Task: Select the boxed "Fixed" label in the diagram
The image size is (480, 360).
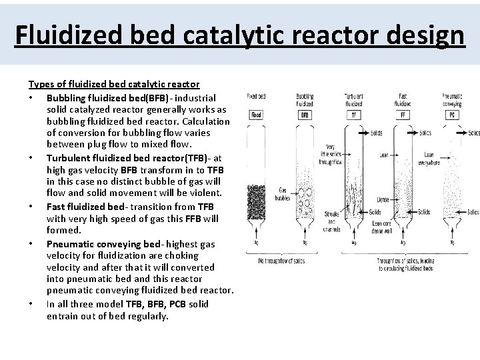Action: point(257,115)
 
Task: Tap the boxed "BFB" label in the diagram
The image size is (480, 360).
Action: point(305,115)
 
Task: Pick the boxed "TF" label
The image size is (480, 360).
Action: point(354,115)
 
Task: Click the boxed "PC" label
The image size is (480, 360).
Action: point(453,115)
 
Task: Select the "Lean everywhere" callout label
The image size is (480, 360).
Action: point(429,157)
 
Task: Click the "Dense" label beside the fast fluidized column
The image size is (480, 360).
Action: point(383,199)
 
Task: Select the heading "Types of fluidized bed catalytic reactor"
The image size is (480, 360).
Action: point(113,84)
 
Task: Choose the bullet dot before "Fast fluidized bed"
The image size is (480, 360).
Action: point(31,207)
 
